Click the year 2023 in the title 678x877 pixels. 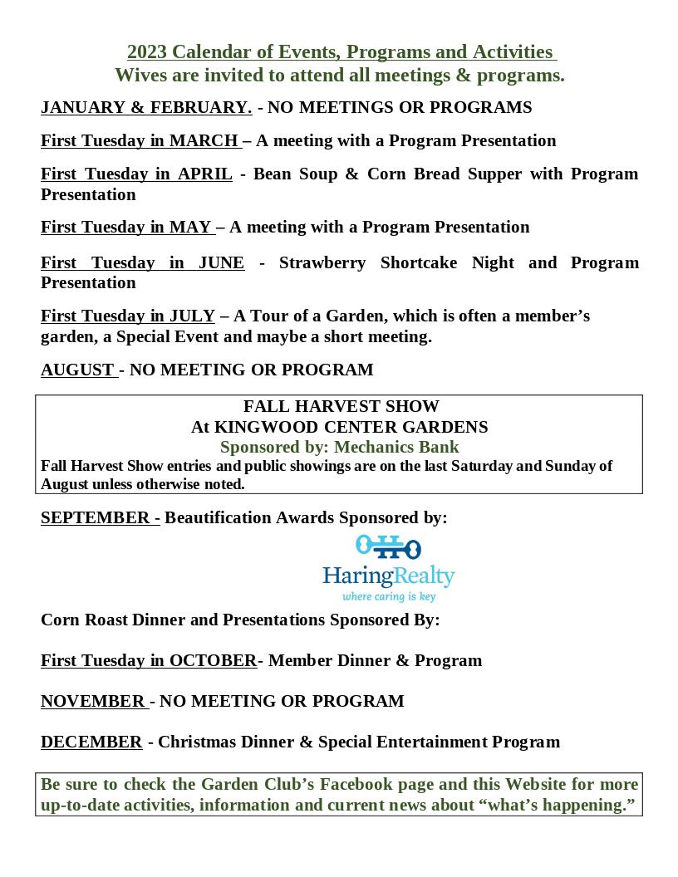[146, 52]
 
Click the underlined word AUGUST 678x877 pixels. [77, 370]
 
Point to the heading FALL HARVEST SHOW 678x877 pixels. [341, 406]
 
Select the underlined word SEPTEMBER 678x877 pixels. [96, 517]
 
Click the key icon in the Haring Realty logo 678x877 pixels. [388, 547]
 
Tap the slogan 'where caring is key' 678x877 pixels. [389, 596]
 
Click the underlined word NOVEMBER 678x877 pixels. [93, 701]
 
